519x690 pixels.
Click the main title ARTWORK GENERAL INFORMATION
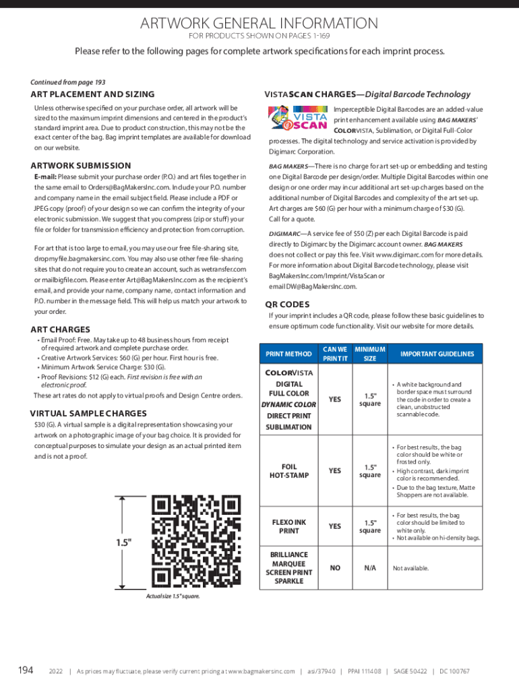pyautogui.click(x=259, y=24)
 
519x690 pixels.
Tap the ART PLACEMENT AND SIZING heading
pyautogui.click(x=92, y=94)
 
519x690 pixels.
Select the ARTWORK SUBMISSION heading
pyautogui.click(x=81, y=166)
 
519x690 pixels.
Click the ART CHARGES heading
pyautogui.click(x=60, y=330)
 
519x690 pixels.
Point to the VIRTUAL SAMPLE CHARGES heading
pyautogui.click(x=88, y=413)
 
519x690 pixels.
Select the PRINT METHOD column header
pyautogui.click(x=288, y=354)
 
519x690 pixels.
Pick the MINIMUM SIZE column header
pyautogui.click(x=370, y=354)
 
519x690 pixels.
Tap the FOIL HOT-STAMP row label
pyautogui.click(x=288, y=471)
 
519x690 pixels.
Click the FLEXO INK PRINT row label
pyautogui.click(x=288, y=526)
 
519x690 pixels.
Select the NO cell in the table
pyautogui.click(x=335, y=568)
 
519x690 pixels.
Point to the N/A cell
pyautogui.click(x=370, y=568)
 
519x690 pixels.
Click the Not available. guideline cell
pyautogui.click(x=410, y=568)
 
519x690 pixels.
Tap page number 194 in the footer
pyautogui.click(x=26, y=670)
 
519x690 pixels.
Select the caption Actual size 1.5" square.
pyautogui.click(x=173, y=596)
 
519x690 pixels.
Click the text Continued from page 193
pyautogui.click(x=68, y=82)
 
